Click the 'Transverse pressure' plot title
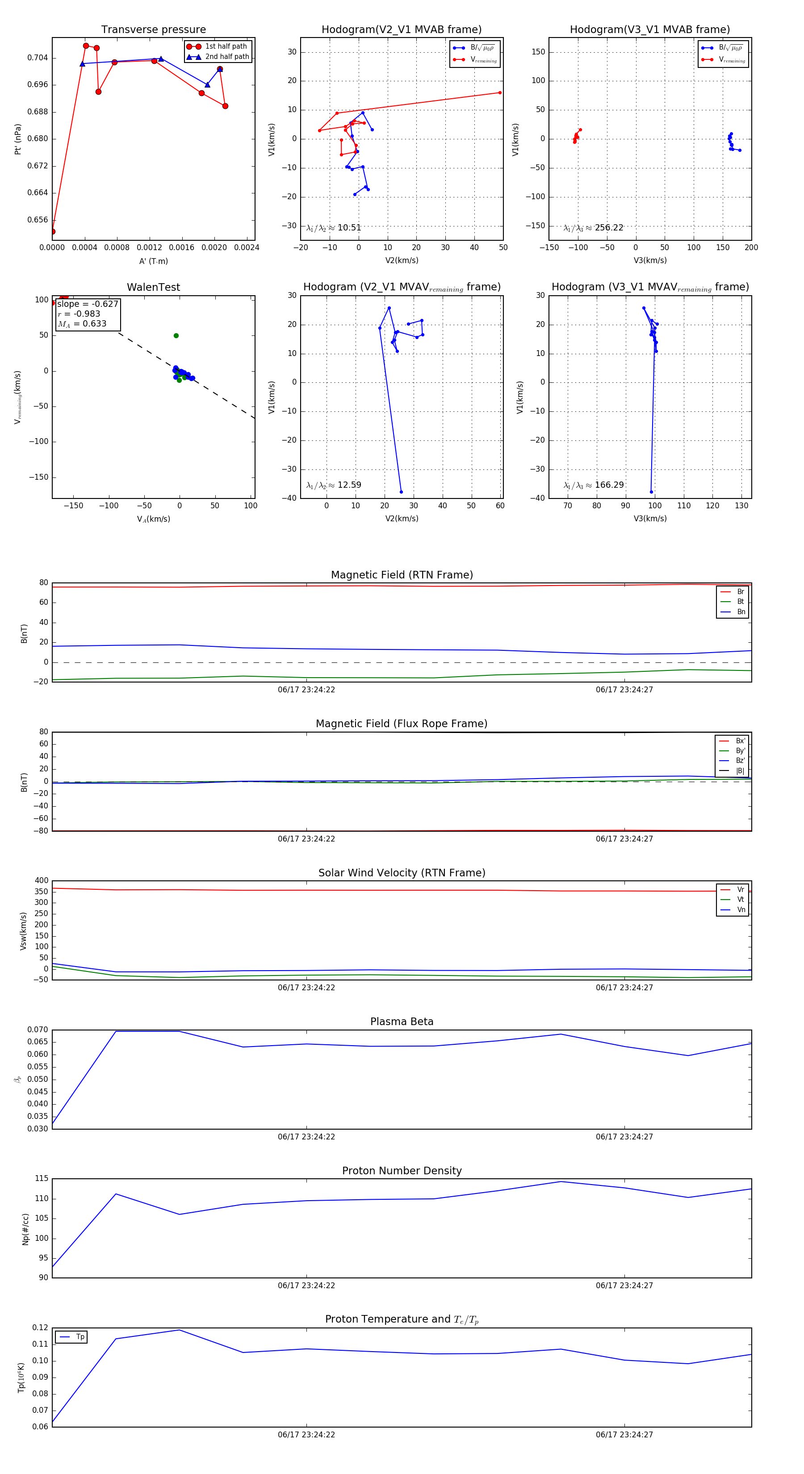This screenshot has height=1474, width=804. [x=153, y=30]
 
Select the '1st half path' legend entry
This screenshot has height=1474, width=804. [x=226, y=46]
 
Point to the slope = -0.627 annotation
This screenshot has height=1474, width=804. [x=88, y=304]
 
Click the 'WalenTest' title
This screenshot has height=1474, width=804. [x=153, y=287]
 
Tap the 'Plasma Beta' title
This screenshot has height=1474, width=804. [x=402, y=1022]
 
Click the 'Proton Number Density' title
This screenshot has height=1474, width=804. [x=402, y=1171]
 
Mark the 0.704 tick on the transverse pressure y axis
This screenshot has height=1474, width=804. [x=38, y=58]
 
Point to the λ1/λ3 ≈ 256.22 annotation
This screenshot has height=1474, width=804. [x=594, y=228]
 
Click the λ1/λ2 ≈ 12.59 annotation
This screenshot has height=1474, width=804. [x=334, y=485]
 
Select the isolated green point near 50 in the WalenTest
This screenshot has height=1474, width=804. [x=176, y=336]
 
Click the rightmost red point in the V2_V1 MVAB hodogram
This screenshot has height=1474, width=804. [x=499, y=93]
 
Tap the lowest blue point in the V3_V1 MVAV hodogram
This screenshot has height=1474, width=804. [x=651, y=491]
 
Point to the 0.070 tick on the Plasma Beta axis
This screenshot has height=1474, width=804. [x=38, y=1030]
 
